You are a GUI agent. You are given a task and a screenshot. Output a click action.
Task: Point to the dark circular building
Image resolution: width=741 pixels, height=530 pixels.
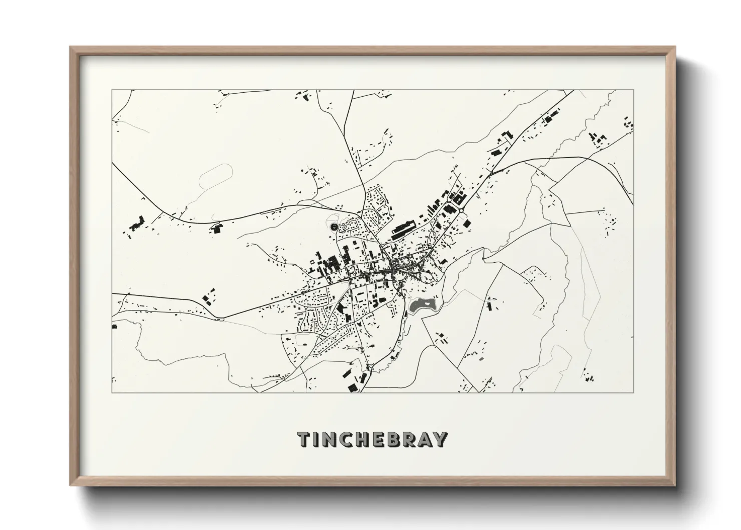334,228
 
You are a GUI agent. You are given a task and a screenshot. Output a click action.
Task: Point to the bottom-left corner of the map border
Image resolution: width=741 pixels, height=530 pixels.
112,392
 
